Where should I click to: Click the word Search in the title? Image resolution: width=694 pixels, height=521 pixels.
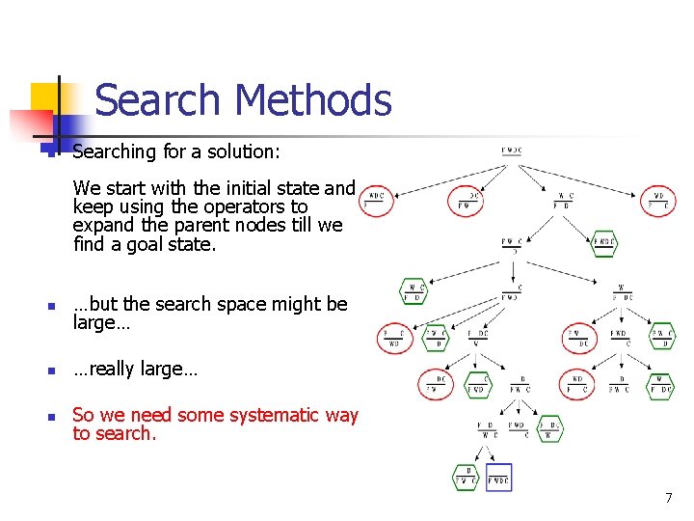(x=159, y=99)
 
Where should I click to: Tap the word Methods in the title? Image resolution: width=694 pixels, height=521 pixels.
(x=312, y=99)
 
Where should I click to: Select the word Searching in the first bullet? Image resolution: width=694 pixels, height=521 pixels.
(x=114, y=151)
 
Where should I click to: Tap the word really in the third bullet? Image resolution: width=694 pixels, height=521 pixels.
(x=112, y=370)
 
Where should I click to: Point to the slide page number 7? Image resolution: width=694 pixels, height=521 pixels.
(x=667, y=498)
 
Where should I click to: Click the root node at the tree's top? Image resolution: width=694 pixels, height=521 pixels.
(x=512, y=151)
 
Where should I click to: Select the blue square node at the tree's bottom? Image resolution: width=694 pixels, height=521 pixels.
(x=498, y=478)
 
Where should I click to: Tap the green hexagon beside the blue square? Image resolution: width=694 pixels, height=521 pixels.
(x=467, y=478)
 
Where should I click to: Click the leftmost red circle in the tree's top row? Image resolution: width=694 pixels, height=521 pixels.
(x=377, y=201)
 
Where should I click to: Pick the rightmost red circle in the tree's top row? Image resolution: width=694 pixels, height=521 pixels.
(x=659, y=201)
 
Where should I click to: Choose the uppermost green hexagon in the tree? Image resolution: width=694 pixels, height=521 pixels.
(x=604, y=241)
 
